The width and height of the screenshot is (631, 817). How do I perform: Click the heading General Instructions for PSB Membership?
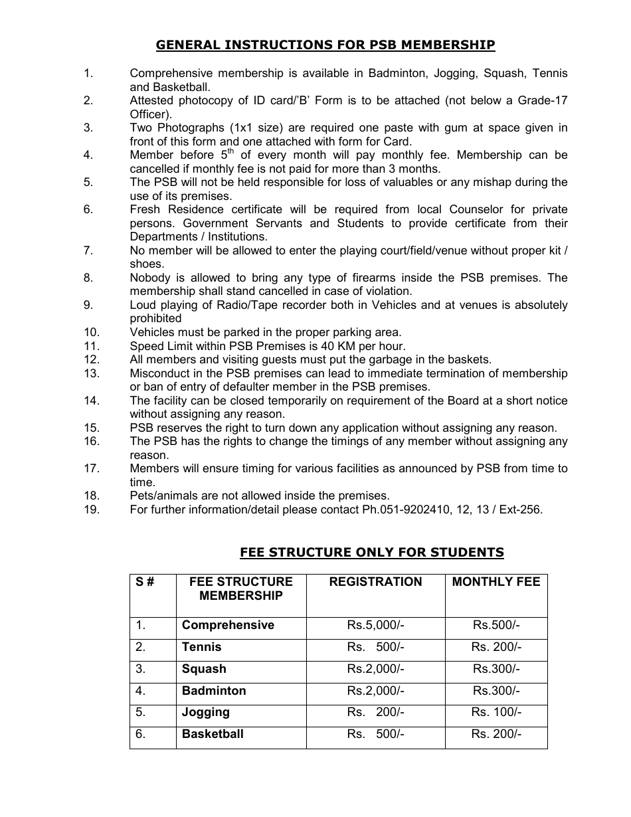tap(325, 45)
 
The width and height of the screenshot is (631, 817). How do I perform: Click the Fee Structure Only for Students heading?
tap(371, 553)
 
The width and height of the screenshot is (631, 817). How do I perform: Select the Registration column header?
tap(375, 582)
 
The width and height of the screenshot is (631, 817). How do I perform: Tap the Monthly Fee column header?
tap(496, 582)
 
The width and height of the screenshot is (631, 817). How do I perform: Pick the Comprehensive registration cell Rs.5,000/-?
tap(375, 626)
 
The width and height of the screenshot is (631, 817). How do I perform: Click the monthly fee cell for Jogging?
tap(496, 713)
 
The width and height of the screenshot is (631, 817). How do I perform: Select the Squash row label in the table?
tap(204, 669)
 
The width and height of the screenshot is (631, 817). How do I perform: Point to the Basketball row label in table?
tap(213, 735)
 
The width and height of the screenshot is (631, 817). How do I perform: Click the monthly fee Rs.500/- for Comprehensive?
tap(496, 626)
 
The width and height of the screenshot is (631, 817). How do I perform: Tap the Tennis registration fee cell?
tap(375, 648)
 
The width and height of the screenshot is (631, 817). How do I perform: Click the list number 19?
tap(92, 510)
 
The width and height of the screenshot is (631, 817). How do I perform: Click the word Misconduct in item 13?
tap(160, 373)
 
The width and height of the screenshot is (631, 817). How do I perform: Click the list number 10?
tap(92, 332)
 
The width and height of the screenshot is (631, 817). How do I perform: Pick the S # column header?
tap(145, 582)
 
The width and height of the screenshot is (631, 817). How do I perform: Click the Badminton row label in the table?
tap(214, 691)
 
